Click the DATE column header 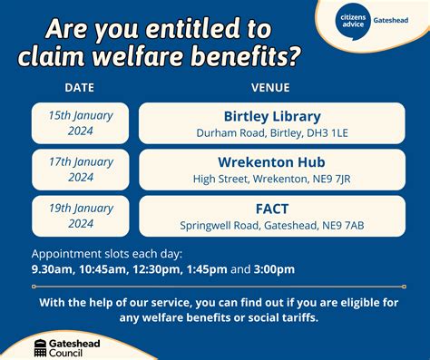[x=80, y=88]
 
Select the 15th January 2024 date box [x=81, y=123]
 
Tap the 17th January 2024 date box [x=81, y=170]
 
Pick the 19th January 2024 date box [x=81, y=216]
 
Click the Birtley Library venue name [x=272, y=116]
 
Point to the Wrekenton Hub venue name [x=272, y=162]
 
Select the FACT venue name [x=272, y=209]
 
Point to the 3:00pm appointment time [x=274, y=268]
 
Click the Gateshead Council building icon [x=42, y=346]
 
